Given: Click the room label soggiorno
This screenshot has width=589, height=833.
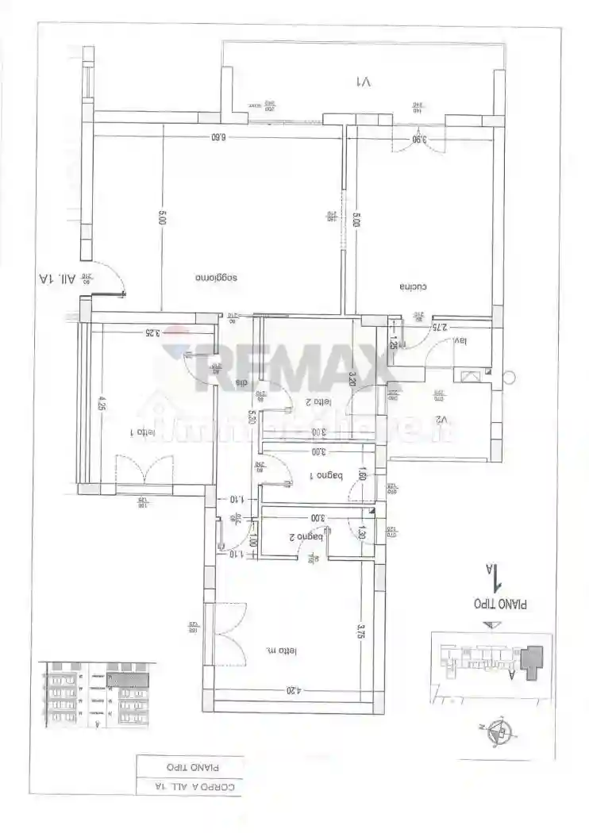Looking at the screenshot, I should pos(218,278).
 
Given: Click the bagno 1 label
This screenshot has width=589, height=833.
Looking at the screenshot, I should pos(325,476).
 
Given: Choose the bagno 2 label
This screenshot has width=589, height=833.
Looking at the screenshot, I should pos(302,537).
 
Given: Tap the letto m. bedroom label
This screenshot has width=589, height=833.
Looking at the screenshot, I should pos(281,651).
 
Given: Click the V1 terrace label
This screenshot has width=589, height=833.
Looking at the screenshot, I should pos(364,81).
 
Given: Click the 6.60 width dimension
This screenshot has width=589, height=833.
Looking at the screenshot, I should pos(218,136).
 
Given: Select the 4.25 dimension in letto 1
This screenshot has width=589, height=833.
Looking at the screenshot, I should pos(102,401).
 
